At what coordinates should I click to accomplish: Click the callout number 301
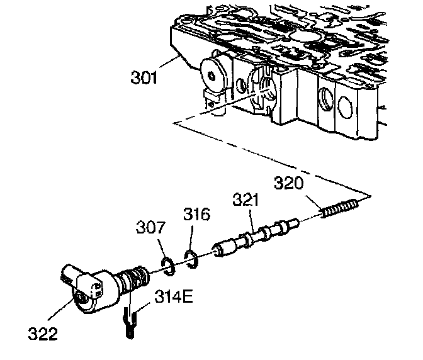point(144,79)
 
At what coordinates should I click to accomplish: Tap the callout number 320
point(290,184)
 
